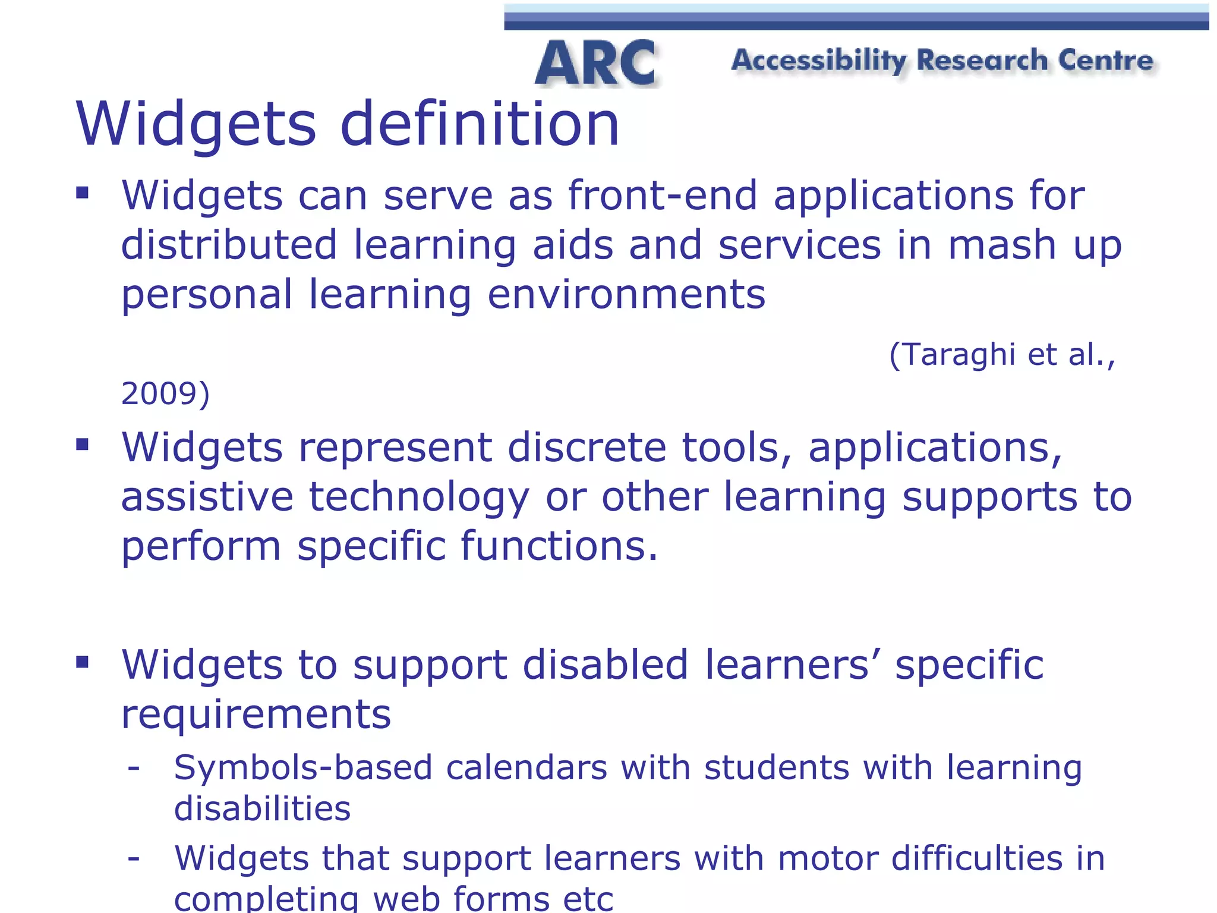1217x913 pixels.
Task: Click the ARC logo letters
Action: (596, 64)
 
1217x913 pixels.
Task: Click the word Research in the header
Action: (982, 61)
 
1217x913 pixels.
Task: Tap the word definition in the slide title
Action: (480, 124)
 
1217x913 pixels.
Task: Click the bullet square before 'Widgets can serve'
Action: (83, 193)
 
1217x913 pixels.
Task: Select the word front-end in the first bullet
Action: (663, 196)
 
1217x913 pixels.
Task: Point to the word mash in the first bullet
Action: (1001, 245)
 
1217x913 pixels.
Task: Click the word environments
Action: (626, 294)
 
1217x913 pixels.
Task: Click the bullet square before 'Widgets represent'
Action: (83, 444)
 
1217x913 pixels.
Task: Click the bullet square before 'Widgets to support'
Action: (83, 662)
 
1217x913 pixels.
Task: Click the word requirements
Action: (256, 714)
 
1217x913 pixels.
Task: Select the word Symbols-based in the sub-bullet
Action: (303, 768)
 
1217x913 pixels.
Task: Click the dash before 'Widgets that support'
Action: (134, 858)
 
